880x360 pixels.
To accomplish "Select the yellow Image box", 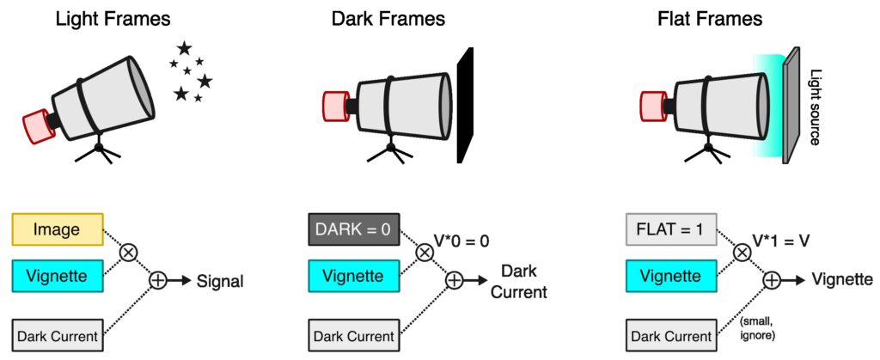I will point(58,229).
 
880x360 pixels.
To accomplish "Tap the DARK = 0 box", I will point(352,229).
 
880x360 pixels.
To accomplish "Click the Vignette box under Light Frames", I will point(58,278).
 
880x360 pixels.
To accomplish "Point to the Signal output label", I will point(221,280).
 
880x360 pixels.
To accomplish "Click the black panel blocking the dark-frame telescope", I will point(464,105).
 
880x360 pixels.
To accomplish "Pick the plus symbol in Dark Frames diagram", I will point(454,279).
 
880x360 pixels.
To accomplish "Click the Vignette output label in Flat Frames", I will point(843,280).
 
